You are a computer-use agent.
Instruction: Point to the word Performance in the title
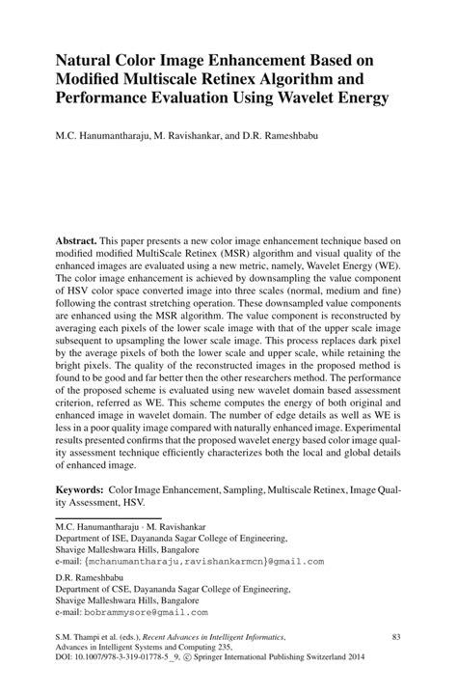[105, 98]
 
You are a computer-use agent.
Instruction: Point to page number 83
[395, 638]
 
